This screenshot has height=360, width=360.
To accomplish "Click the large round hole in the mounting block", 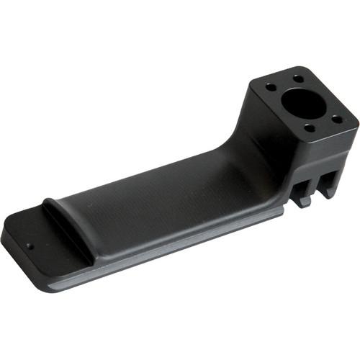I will [305, 104].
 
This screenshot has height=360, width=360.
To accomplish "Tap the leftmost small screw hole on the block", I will [271, 86].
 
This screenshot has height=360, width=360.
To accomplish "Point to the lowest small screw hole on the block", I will [309, 130].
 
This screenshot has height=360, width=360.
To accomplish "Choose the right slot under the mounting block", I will [328, 180].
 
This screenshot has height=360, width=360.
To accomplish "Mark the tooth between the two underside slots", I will [315, 189].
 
